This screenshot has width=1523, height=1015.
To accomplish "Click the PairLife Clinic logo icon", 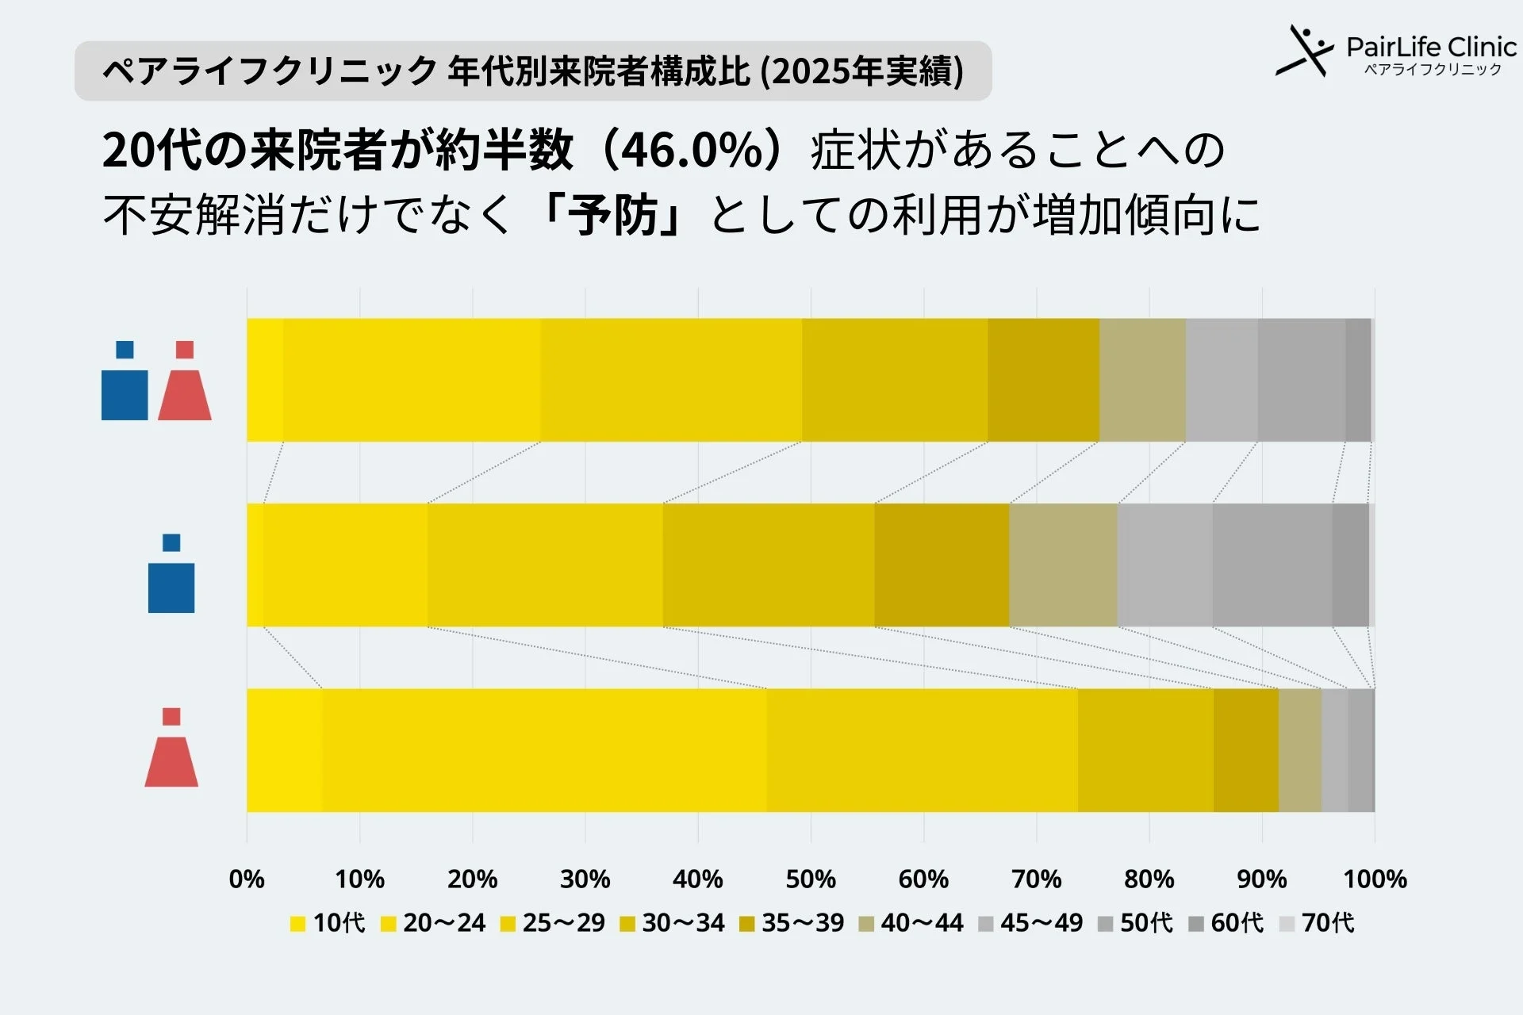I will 1304,51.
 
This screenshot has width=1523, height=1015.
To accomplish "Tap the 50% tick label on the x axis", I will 811,879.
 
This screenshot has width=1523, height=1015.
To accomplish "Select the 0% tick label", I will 247,879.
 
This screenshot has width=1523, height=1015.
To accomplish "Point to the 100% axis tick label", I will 1375,879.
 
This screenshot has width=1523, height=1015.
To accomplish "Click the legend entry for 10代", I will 328,923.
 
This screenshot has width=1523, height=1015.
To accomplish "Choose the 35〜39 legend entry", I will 792,923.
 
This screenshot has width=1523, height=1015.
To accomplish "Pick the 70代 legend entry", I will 1318,923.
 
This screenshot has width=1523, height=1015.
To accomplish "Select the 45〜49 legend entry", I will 1030,923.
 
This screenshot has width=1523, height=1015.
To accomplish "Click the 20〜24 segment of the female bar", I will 544,750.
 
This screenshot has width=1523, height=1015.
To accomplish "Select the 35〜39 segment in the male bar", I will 942,565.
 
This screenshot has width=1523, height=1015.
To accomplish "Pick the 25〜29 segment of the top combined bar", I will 671,380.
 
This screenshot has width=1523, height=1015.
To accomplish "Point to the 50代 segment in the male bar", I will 1272,565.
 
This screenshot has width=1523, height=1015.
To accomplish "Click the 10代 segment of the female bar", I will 285,750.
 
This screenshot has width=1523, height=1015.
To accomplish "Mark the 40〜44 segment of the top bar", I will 1142,380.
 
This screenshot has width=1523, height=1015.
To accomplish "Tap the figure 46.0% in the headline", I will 693,150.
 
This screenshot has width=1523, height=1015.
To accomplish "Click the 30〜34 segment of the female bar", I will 1145,750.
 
